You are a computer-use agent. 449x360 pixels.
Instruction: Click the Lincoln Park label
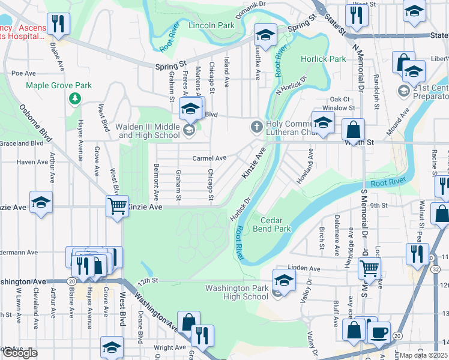pos(211,26)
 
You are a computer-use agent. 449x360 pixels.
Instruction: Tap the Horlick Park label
pos(324,59)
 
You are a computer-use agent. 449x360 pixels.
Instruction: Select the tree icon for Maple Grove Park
pos(75,98)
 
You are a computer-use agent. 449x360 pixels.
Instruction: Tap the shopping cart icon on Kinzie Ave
pos(117,206)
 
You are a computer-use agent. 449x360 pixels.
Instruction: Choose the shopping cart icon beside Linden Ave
pos(369,268)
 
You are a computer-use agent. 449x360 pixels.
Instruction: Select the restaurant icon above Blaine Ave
pos(58,24)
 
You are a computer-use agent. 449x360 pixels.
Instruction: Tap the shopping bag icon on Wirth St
pos(354,129)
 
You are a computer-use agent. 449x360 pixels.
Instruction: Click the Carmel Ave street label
pos(209,158)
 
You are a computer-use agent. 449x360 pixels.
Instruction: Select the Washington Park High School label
pos(237,292)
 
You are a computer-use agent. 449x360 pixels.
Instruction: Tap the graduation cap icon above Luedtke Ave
pos(265,34)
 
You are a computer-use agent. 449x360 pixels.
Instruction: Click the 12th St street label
pos(146,280)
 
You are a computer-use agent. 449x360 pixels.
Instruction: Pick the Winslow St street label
pos(334,108)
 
